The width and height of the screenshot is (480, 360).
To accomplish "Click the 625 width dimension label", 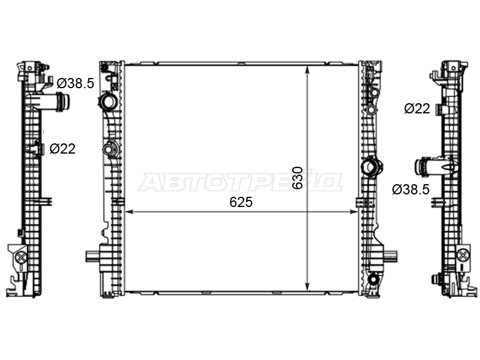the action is pos(241,202).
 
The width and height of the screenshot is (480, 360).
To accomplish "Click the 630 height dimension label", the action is pos(297,178).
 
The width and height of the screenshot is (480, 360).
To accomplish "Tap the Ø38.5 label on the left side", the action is pos(76,83).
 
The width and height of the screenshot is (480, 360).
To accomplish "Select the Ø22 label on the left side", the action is pos(62,149).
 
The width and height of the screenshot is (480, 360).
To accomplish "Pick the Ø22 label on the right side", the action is pos(417,109).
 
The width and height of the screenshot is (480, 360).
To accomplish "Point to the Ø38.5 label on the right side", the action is pos(411,190).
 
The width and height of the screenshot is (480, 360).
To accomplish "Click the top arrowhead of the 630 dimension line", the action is pos(307,70).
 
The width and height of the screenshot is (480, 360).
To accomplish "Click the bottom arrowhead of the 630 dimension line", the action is pos(307,286).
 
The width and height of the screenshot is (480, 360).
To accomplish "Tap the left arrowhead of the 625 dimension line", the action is pos(130,212).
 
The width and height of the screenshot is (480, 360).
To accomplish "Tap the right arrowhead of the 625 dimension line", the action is pos(353,212).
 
